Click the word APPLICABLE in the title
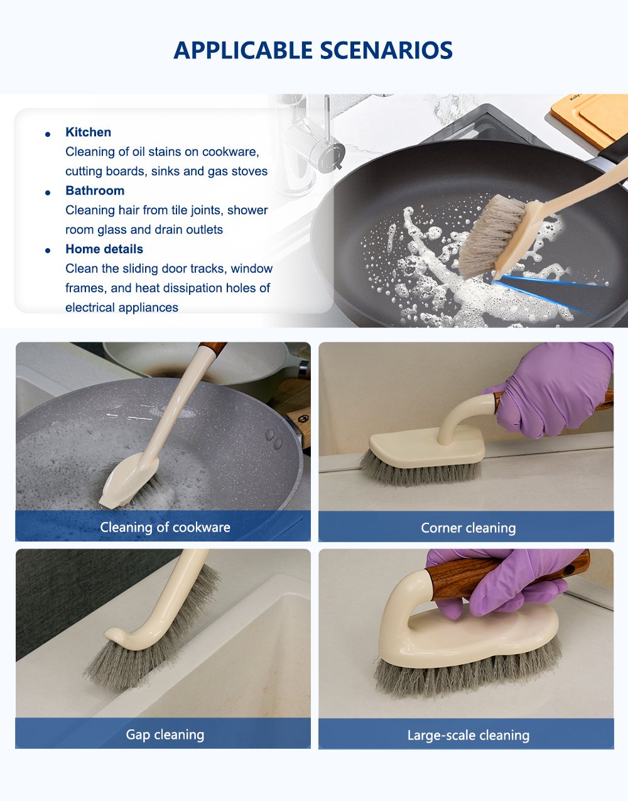coord(243,50)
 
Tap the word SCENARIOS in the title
coord(386,50)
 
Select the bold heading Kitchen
coord(89,132)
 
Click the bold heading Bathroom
coord(95,190)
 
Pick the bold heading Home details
coord(104,249)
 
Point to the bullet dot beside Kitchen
coord(48,134)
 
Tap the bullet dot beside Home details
coord(48,251)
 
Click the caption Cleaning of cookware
coord(165,527)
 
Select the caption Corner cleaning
coord(468,528)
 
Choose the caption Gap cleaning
coord(165,734)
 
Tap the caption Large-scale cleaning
coord(468,735)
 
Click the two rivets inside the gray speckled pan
coord(274,439)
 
